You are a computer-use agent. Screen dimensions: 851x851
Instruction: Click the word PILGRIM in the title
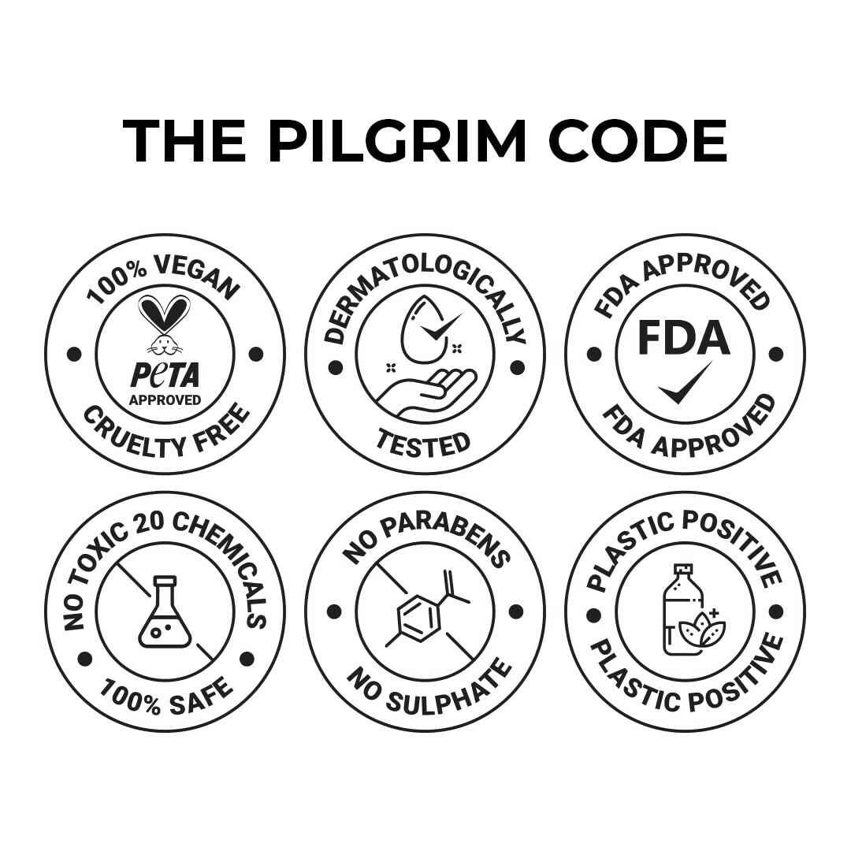[396, 140]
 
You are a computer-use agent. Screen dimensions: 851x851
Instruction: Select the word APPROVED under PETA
[165, 400]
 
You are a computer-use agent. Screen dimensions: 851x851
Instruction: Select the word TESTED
[424, 444]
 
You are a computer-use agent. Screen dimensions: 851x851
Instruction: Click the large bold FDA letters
[683, 337]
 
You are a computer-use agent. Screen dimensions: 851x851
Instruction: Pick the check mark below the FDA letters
[685, 382]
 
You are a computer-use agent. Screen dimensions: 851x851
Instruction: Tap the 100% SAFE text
[166, 697]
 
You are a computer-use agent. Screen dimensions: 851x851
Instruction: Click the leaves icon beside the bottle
[700, 629]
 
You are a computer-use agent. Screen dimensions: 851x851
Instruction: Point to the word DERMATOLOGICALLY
[425, 302]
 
